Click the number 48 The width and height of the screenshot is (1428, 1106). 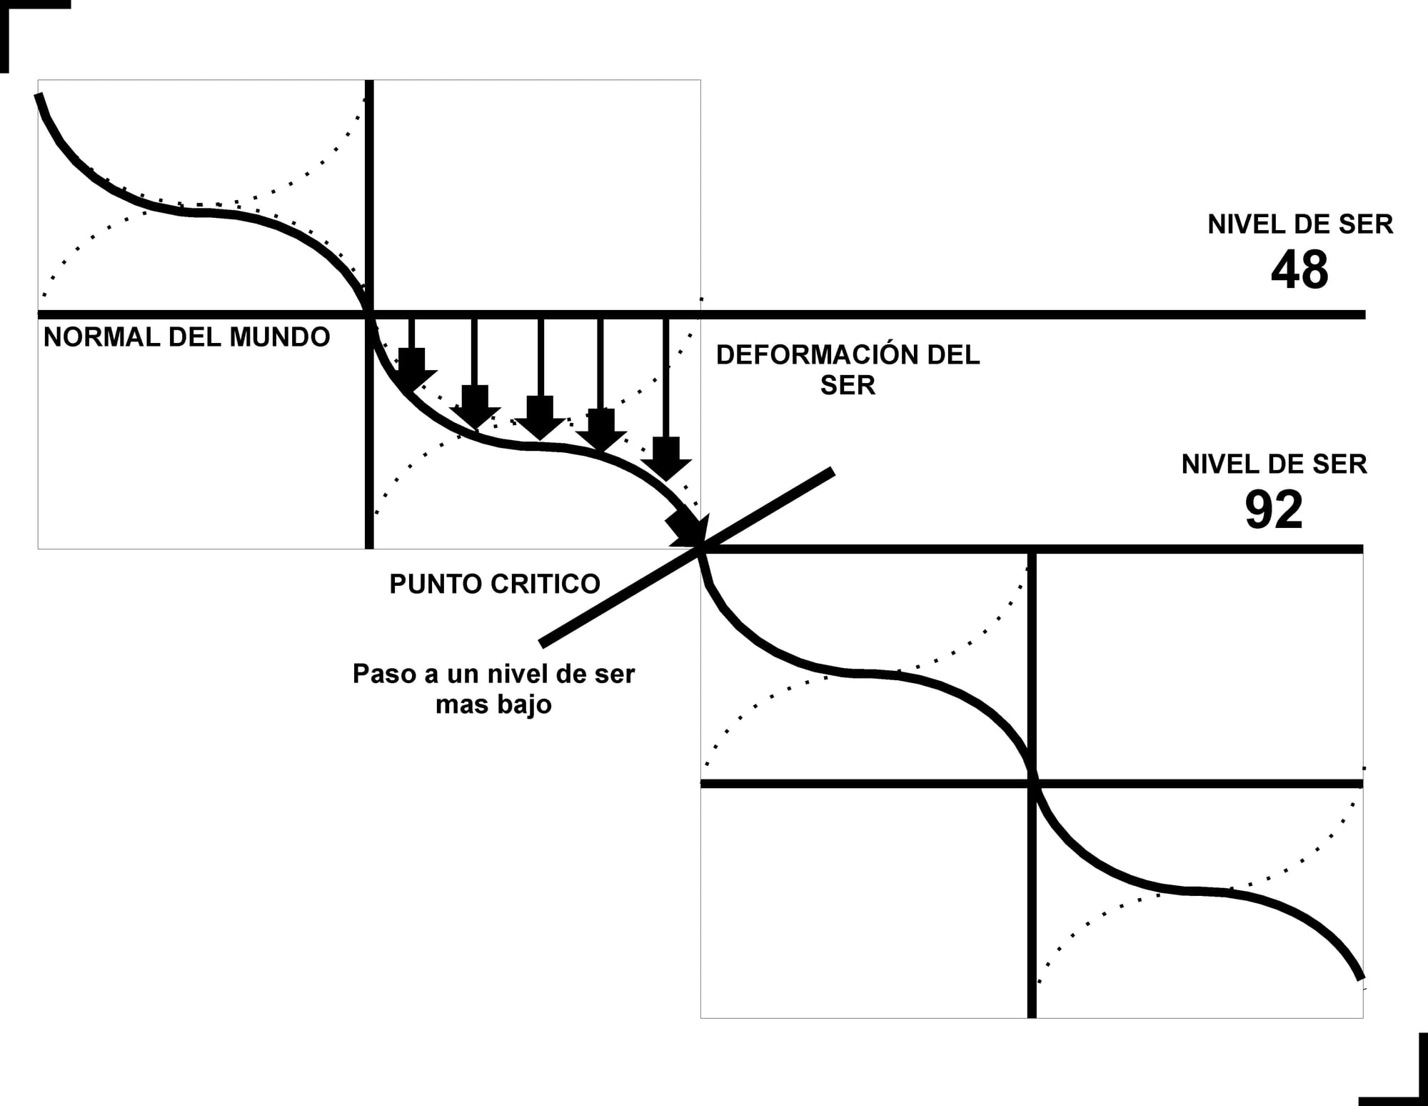click(1299, 270)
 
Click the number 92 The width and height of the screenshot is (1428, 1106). click(1274, 510)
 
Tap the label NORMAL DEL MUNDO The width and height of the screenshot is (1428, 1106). click(186, 337)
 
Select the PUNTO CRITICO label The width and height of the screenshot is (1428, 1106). click(494, 584)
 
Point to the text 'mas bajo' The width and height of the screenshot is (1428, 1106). click(493, 704)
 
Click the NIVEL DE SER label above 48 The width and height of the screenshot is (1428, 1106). click(1299, 224)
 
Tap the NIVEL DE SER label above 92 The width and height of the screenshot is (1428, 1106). click(1274, 464)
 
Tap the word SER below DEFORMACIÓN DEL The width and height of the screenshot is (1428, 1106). click(848, 386)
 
